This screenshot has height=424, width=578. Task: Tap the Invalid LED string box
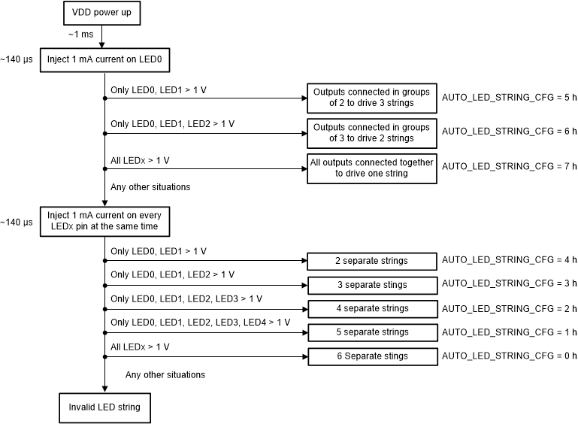coord(101,407)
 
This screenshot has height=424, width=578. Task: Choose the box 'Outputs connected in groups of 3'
coord(371,132)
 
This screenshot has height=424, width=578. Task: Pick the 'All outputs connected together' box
coord(371,168)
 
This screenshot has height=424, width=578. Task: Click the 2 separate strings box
coord(371,261)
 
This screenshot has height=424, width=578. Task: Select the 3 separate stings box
coord(371,285)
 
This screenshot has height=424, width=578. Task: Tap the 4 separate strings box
coord(371,308)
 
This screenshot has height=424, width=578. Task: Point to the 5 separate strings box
coord(371,332)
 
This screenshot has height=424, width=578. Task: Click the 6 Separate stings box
coord(371,356)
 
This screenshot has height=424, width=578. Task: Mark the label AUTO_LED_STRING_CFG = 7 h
coord(509,166)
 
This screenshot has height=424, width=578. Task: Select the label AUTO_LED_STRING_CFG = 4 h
coord(509,260)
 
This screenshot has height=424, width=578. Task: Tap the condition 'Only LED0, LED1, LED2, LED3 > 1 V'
coord(186,298)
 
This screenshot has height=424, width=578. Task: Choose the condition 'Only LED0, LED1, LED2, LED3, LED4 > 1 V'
coord(200,323)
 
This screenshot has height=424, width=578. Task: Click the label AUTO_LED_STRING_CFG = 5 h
coord(509,97)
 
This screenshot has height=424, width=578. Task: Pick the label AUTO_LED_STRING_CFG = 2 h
coord(509,308)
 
